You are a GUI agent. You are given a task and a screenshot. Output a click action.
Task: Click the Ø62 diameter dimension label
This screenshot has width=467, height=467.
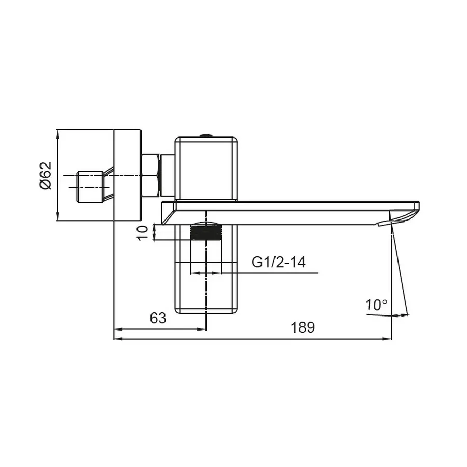(x=46, y=175)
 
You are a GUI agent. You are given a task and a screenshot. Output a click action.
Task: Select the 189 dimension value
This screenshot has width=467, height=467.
(x=303, y=327)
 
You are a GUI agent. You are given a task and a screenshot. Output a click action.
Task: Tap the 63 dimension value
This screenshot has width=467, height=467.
(x=158, y=318)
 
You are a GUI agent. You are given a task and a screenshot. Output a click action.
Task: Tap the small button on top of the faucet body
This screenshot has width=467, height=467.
(x=207, y=135)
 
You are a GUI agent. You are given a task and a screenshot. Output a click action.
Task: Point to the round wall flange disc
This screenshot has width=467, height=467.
(x=127, y=175)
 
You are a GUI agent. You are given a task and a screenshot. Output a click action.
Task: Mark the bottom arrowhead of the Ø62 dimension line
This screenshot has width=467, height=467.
(x=58, y=218)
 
